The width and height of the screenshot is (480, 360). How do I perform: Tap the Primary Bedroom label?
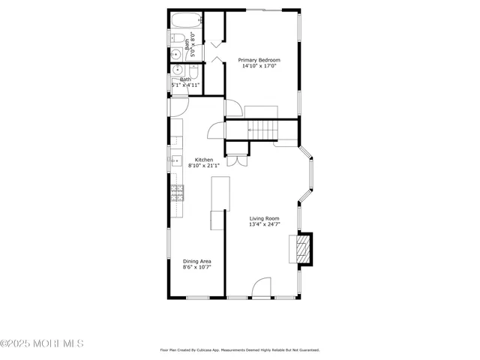[259, 60]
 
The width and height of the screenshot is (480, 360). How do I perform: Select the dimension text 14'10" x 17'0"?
[259, 66]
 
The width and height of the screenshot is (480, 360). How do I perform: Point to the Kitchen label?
[204, 160]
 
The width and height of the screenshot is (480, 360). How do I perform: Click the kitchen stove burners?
[177, 193]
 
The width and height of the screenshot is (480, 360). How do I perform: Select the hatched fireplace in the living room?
[303, 249]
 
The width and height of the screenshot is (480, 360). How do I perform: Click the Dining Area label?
[196, 261]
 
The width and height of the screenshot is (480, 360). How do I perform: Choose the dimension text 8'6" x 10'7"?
[196, 267]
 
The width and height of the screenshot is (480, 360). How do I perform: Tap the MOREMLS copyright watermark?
[42, 343]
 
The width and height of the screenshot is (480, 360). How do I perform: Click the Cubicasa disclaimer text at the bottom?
[240, 349]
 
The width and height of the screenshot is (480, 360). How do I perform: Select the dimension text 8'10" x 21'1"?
[204, 166]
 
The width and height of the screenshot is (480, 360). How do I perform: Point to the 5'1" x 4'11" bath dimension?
[185, 85]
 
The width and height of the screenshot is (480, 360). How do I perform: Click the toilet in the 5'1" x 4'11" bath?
[193, 72]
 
